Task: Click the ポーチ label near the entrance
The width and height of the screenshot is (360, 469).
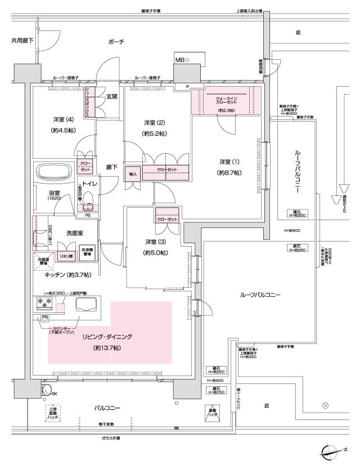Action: pos(117,42)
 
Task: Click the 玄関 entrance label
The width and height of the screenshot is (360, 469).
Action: pos(111,96)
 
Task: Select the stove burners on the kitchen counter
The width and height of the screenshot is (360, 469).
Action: pos(44,302)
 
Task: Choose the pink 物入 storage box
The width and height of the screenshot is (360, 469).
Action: pos(133,174)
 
